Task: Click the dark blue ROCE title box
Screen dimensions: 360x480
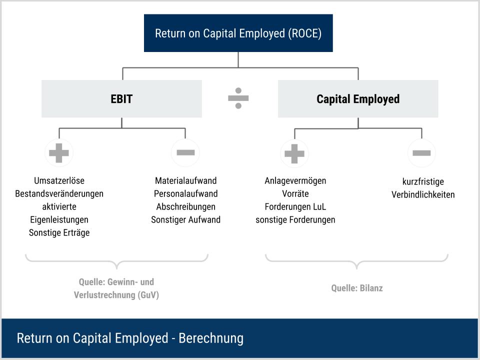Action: (238, 33)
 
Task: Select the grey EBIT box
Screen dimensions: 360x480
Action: (121, 99)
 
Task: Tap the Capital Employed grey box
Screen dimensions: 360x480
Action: (358, 99)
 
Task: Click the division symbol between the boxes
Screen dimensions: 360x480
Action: (238, 98)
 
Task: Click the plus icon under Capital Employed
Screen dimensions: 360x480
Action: (294, 153)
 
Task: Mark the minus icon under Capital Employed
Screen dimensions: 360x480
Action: (421, 153)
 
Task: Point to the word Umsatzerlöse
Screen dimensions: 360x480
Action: (59, 180)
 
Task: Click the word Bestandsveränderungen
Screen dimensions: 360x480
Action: (59, 193)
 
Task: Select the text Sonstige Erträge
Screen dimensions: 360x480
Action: (59, 232)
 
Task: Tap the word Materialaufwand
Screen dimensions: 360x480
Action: (185, 180)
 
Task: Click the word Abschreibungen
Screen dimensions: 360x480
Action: (185, 206)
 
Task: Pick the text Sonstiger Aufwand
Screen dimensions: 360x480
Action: (185, 219)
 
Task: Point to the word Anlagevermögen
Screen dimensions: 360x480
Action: (295, 181)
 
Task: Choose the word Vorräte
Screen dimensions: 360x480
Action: (295, 193)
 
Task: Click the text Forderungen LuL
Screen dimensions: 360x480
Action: (295, 206)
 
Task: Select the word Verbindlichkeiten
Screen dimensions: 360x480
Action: (423, 194)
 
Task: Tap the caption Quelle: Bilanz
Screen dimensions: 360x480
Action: (357, 288)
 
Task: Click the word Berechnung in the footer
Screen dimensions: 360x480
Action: (211, 338)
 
